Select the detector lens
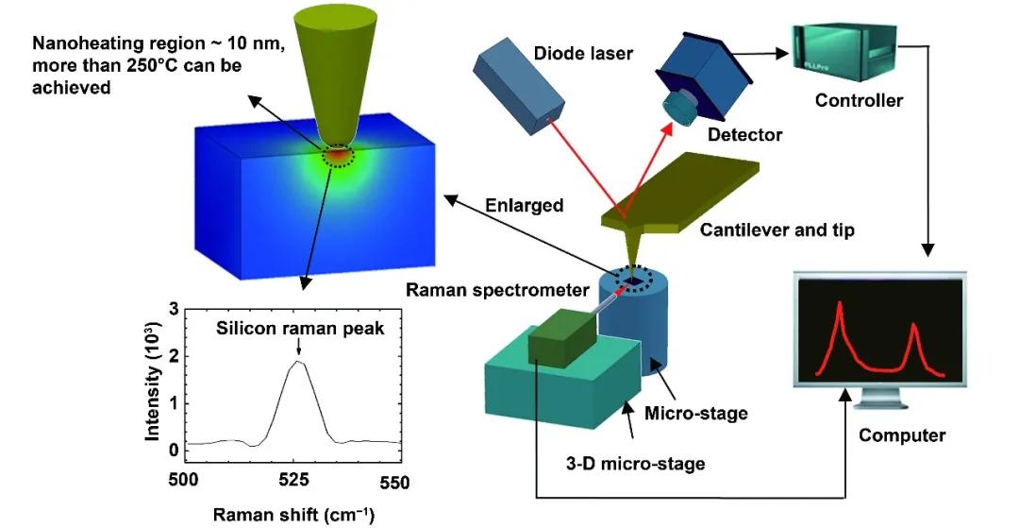click(x=677, y=108)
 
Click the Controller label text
click(x=859, y=100)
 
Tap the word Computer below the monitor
click(x=901, y=435)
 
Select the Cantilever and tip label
click(x=779, y=230)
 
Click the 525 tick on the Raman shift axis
click(x=295, y=480)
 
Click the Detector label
click(x=744, y=135)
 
